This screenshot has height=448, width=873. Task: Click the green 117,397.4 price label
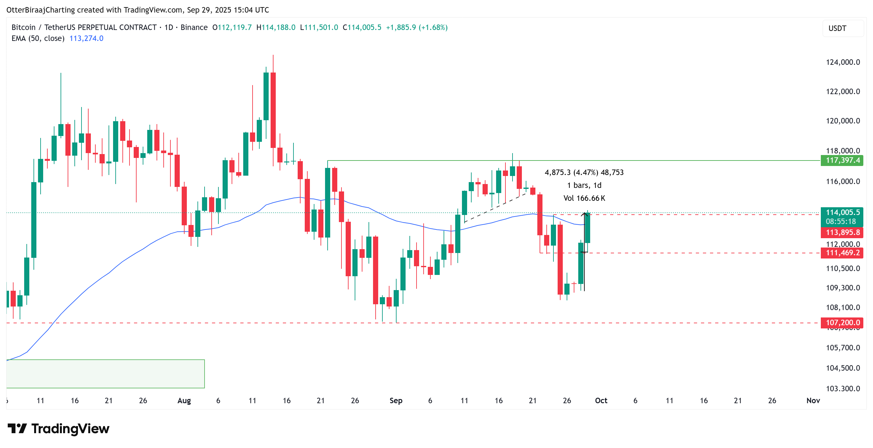coord(842,160)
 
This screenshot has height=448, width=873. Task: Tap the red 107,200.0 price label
coord(842,323)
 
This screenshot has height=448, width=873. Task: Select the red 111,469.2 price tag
coord(842,253)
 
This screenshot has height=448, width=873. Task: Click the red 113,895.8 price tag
coord(842,232)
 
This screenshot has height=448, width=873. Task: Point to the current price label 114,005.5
coord(842,213)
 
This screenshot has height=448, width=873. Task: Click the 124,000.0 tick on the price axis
coord(842,62)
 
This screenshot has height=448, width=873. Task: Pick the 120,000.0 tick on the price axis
coord(842,121)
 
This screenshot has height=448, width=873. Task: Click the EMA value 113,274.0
coord(86,38)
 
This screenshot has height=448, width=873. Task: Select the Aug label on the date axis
coord(184,401)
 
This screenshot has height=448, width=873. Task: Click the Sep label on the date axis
coord(396,401)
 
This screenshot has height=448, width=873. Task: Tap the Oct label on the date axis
coord(601,401)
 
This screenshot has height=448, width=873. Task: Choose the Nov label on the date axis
coord(813,401)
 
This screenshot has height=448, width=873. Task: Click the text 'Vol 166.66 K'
coord(584,198)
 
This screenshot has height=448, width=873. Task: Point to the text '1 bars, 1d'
coord(584,185)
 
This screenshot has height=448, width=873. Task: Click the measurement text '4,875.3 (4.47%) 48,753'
coord(584,172)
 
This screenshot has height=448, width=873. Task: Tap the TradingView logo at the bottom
coord(58,429)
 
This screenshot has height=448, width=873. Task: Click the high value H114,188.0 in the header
coord(275,27)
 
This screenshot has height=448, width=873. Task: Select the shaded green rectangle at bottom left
coord(105,374)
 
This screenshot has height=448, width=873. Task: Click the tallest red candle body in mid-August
coord(273,110)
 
